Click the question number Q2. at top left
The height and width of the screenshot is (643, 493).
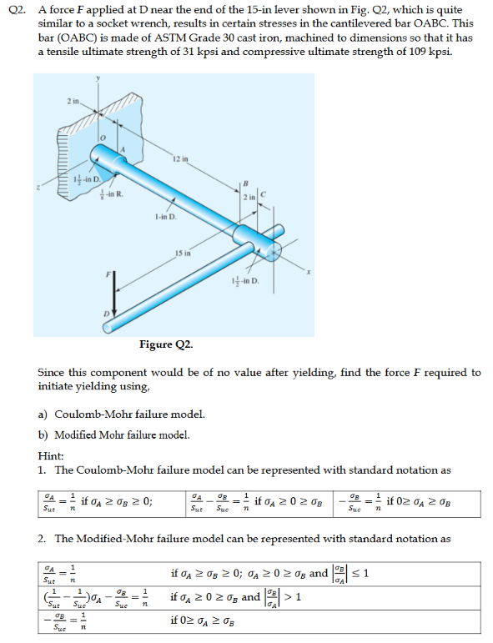tap(13, 11)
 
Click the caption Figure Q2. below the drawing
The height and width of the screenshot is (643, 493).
tap(167, 343)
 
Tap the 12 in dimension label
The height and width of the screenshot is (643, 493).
tap(181, 158)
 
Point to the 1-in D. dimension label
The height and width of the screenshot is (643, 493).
tap(165, 218)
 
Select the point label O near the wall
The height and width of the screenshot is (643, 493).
tap(103, 137)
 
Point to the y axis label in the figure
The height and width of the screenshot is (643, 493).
tap(98, 79)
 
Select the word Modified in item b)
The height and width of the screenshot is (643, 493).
tap(75, 435)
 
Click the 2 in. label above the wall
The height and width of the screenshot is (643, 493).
tap(73, 101)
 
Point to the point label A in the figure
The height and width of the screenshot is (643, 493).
tap(123, 148)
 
